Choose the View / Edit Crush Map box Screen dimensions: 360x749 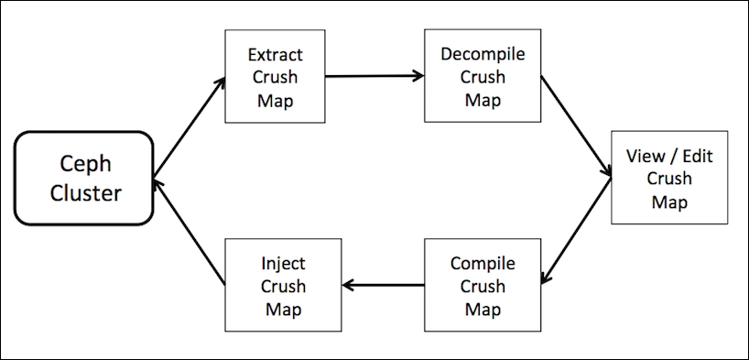668,179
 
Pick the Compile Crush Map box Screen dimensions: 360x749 483,285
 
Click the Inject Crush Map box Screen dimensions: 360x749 283,285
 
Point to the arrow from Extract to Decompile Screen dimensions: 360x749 374,76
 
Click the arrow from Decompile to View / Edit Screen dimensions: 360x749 576,126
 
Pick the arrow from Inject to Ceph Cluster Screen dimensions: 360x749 190,231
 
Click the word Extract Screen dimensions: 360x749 275,56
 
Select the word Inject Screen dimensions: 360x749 283,264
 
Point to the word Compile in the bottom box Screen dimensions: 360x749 483,264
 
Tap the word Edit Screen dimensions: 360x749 696,157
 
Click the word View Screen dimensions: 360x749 644,157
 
